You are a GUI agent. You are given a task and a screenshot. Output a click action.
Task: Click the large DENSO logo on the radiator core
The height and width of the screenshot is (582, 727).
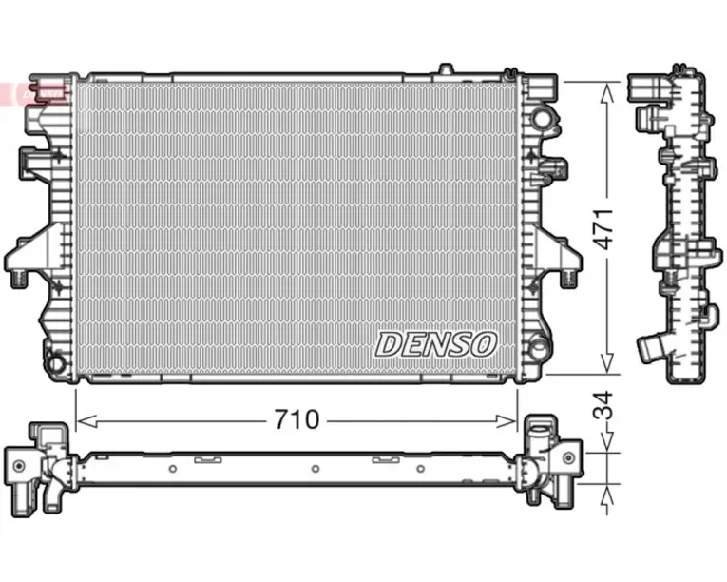[x=436, y=344]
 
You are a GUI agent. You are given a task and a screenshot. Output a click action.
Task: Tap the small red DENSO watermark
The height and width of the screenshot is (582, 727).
[x=41, y=93]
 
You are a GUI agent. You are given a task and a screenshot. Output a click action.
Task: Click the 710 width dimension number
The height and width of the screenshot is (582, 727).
[x=297, y=419]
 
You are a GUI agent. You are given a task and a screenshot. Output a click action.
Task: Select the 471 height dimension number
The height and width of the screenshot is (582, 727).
[x=604, y=229]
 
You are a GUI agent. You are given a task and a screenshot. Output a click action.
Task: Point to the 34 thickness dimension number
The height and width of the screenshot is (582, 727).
[x=603, y=407]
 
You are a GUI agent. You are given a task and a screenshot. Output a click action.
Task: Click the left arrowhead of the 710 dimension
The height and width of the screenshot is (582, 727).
[x=86, y=421]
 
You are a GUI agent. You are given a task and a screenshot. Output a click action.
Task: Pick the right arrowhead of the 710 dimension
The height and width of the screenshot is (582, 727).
[x=507, y=421]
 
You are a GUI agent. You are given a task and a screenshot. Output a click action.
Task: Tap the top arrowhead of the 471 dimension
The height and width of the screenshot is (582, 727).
[x=607, y=93]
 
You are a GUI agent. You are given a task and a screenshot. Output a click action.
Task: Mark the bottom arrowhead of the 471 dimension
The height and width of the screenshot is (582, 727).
[x=607, y=363]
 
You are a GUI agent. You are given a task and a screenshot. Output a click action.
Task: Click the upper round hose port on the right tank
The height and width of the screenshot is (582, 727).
[x=541, y=118]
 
